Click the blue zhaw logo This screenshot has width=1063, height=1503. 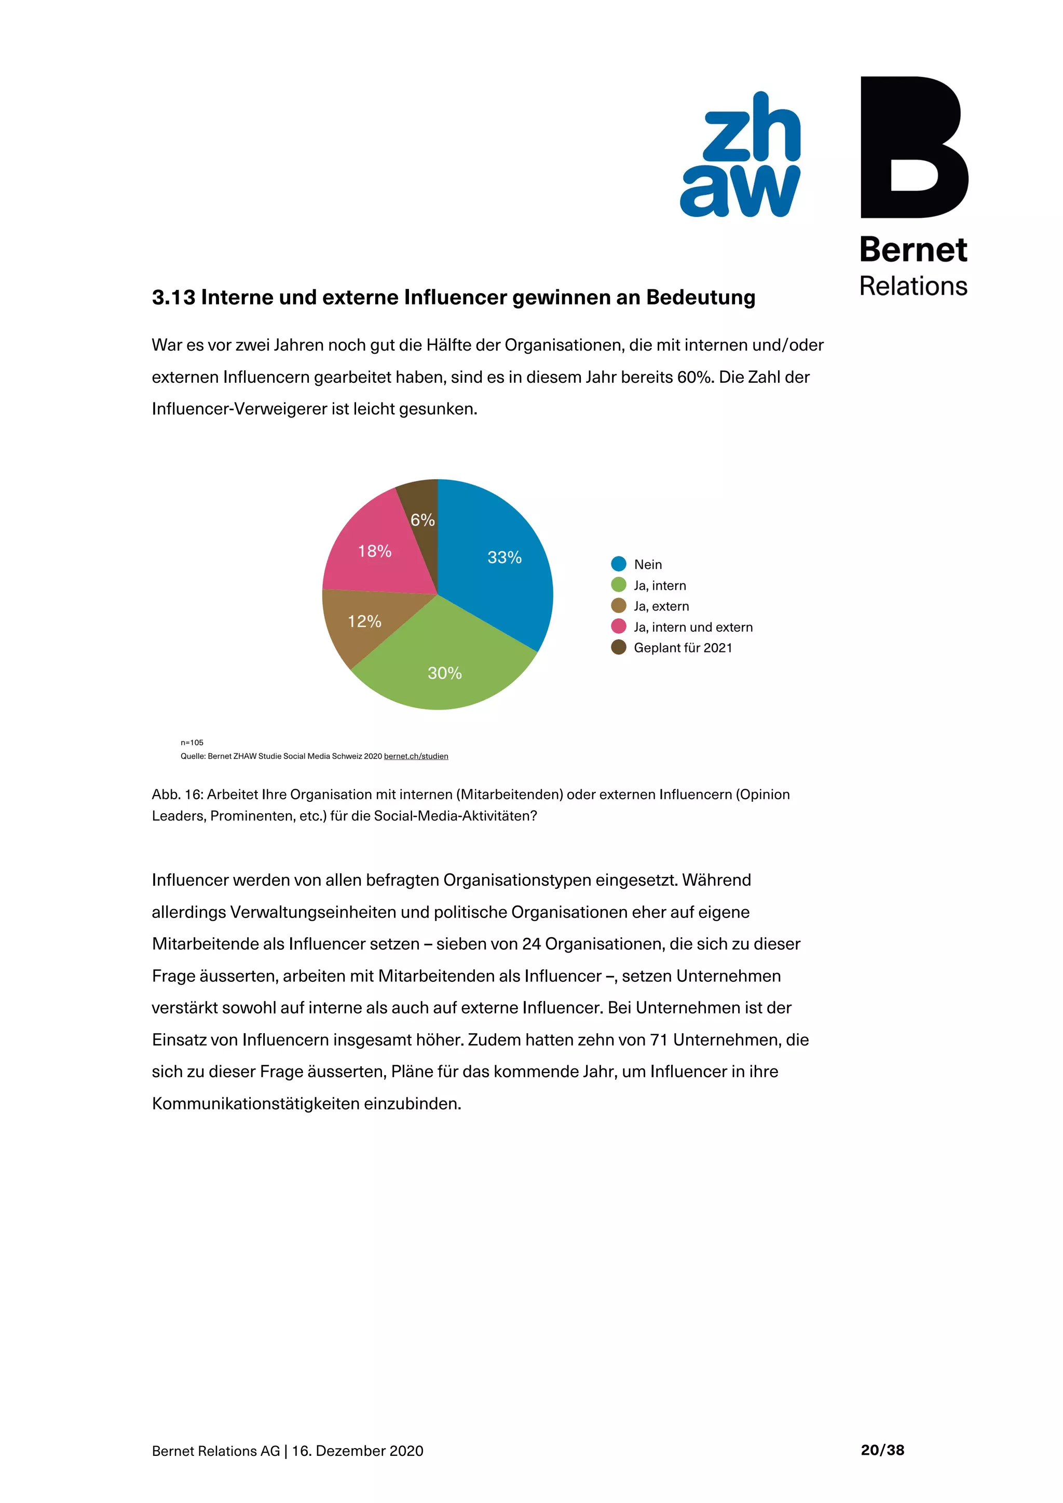pos(740,155)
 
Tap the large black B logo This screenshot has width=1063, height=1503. pos(913,147)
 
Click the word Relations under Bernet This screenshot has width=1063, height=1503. pos(913,286)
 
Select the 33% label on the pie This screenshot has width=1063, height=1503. pos(505,557)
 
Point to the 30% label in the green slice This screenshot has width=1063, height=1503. pos(445,673)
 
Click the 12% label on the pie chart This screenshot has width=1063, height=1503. pos(364,621)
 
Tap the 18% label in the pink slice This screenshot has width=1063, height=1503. pos(375,551)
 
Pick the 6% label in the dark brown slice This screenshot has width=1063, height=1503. pos(423,520)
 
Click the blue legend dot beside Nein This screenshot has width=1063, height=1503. pos(618,564)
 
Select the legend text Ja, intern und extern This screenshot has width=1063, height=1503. pos(693,627)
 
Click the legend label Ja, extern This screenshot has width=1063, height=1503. pos(661,606)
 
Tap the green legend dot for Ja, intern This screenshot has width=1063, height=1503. pos(618,584)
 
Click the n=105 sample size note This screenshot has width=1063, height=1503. pos(192,742)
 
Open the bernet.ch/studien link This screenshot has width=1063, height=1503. pos(416,756)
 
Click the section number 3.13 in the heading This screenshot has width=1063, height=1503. pos(173,297)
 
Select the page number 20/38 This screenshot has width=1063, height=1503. pos(882,1450)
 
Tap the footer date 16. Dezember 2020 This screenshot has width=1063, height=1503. pos(358,1451)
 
